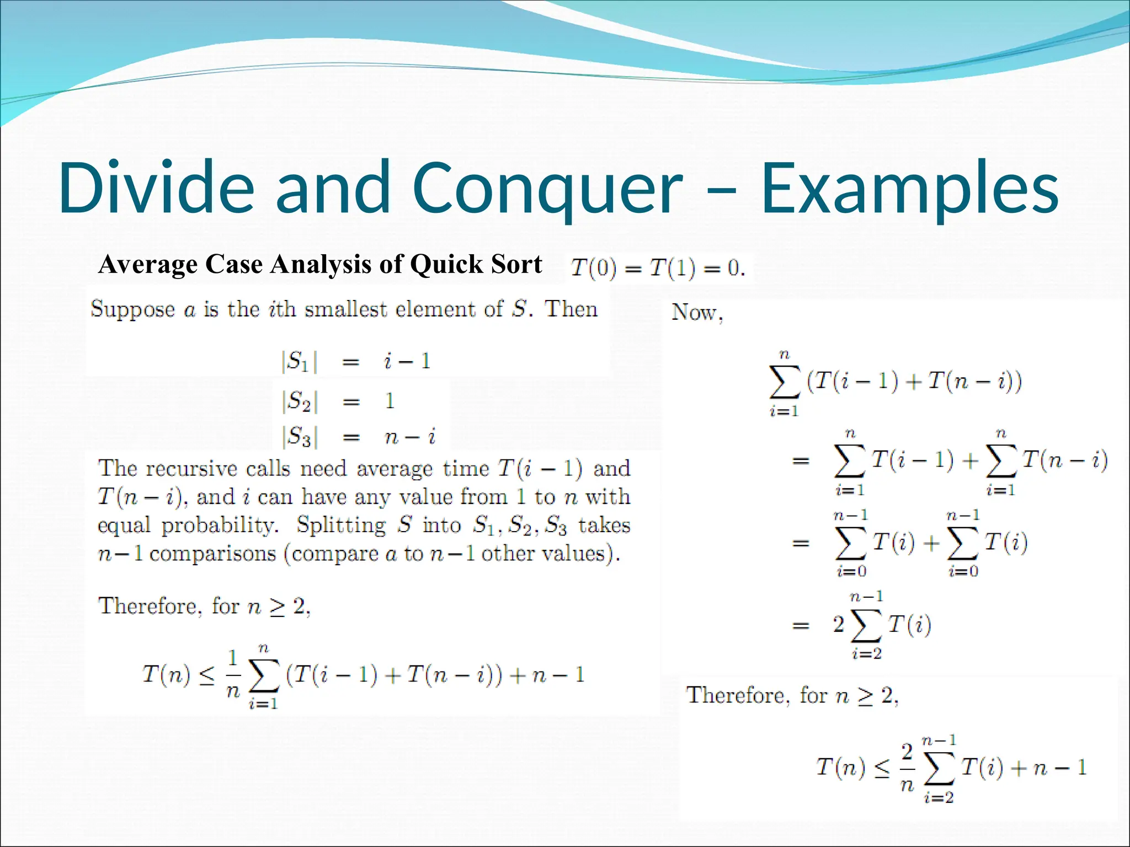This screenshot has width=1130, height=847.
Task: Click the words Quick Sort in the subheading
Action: coord(476,264)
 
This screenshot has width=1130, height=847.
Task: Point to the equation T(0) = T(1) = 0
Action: coord(658,269)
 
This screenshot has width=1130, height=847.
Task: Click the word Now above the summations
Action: coord(694,313)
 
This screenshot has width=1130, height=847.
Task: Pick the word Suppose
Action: coord(132,309)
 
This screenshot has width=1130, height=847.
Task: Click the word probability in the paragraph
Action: coord(220,526)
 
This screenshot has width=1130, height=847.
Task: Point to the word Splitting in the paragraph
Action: coord(341,525)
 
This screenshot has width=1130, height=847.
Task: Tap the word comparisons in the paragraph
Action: coord(212,554)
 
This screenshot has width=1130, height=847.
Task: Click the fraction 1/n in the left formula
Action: coord(233,674)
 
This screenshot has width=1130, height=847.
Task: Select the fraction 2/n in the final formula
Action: coord(907,768)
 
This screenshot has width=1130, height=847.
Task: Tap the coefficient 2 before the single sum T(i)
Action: coord(839,624)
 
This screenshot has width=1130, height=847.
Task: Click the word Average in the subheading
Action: coord(148,264)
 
